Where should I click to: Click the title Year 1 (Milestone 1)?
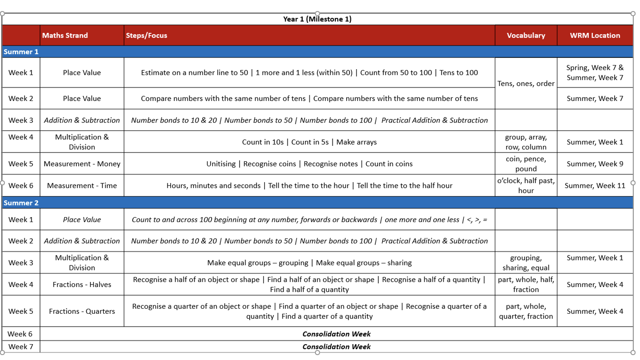click(x=317, y=19)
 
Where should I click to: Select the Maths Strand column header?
click(x=65, y=35)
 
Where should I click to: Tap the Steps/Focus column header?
click(x=146, y=35)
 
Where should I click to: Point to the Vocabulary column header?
click(x=526, y=35)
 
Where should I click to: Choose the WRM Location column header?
click(x=595, y=35)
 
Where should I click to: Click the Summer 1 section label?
click(x=21, y=52)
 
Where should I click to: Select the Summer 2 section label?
click(x=21, y=203)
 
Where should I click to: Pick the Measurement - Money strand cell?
click(x=82, y=164)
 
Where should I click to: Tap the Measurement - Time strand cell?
click(x=82, y=185)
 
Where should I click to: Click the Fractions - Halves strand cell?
click(x=82, y=285)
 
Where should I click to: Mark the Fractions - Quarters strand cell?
click(x=82, y=311)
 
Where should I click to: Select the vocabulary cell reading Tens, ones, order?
click(x=526, y=83)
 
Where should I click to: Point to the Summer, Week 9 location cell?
click(x=595, y=164)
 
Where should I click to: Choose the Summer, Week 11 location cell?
click(x=595, y=185)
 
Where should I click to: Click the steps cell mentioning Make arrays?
click(x=309, y=142)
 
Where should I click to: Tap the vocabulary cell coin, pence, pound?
click(x=526, y=164)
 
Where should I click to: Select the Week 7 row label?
click(x=20, y=347)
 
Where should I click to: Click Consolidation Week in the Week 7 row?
click(x=336, y=347)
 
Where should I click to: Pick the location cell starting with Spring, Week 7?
click(x=595, y=72)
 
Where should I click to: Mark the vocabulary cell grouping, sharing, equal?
click(x=526, y=263)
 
